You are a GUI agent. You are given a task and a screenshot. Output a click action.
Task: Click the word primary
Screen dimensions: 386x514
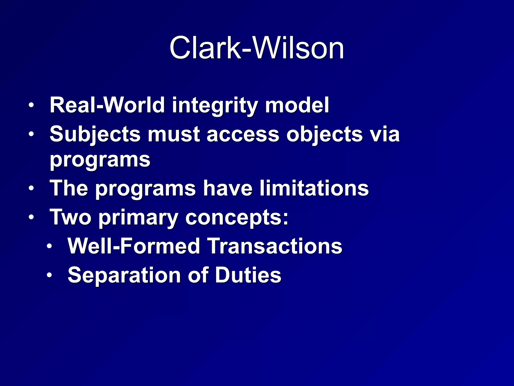pyautogui.click(x=138, y=218)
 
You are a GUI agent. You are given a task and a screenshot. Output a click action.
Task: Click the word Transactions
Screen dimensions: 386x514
pyautogui.click(x=275, y=246)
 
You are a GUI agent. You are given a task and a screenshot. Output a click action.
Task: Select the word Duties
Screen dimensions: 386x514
pyautogui.click(x=248, y=275)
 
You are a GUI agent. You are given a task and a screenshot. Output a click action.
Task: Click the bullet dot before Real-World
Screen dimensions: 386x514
pyautogui.click(x=31, y=106)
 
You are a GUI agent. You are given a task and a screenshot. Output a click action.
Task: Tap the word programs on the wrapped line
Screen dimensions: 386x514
pyautogui.click(x=100, y=160)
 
